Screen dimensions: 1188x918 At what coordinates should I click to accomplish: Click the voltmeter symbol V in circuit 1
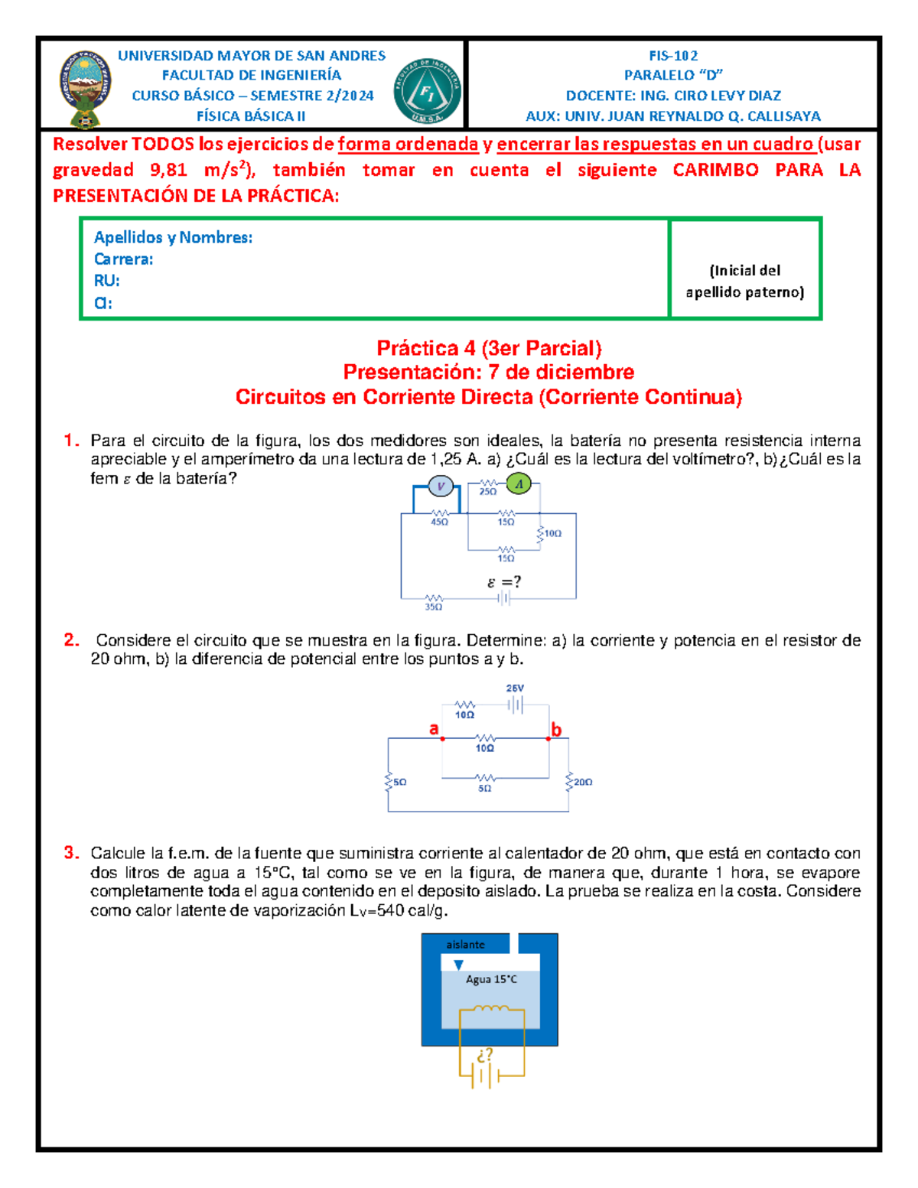point(441,486)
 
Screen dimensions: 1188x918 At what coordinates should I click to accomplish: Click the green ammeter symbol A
point(519,484)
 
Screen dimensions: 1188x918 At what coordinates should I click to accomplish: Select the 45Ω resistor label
point(439,522)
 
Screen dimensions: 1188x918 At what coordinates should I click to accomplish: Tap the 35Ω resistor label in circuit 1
point(433,607)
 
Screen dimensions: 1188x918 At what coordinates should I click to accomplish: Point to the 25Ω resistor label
point(487,492)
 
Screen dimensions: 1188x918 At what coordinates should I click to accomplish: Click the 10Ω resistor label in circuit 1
point(552,533)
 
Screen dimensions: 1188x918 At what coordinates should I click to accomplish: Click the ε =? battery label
point(504,582)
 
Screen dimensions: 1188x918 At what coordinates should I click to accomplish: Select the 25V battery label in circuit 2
point(515,688)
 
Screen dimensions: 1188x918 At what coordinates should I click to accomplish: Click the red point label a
point(434,728)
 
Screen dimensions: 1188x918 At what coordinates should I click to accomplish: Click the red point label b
point(556,730)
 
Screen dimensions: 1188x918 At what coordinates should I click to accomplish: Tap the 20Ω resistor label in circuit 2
point(583,782)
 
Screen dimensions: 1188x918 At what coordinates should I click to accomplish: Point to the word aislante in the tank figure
point(465,945)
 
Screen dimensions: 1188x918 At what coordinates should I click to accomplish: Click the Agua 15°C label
point(491,979)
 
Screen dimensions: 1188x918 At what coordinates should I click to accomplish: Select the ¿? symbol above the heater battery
point(484,1055)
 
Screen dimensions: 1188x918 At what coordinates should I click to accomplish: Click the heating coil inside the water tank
point(490,1009)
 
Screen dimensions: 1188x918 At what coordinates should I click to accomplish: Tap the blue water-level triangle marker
point(458,965)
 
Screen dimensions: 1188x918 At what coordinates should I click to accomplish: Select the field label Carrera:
point(123,259)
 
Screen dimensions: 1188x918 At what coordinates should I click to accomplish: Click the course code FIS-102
point(672,56)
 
